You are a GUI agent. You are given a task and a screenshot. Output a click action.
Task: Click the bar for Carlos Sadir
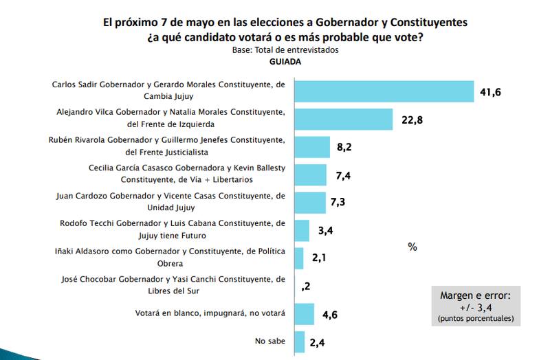384,91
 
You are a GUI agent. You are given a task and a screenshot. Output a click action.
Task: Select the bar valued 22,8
344,119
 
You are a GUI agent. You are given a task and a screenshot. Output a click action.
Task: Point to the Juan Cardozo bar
310,202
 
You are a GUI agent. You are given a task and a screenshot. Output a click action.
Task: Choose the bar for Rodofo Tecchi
302,230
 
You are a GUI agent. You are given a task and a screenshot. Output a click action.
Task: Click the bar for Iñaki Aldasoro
299,258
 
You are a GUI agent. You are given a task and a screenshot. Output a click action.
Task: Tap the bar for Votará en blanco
305,314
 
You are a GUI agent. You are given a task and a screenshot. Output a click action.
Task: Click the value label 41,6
489,91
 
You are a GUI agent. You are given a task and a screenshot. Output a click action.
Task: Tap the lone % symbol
412,247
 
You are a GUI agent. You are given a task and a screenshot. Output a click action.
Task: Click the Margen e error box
475,305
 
